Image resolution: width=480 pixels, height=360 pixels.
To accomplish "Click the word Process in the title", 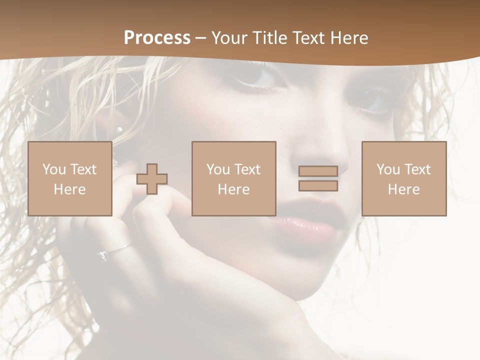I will pos(157,38).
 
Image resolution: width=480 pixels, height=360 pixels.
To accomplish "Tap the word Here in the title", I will pos(348,38).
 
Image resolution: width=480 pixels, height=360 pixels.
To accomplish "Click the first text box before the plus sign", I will pos(69,178).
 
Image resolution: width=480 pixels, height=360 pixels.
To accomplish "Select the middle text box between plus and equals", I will pos(233,178).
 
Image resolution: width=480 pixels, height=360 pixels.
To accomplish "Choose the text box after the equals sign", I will pos(403,178).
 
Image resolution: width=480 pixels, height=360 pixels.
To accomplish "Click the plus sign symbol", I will pos(152,179).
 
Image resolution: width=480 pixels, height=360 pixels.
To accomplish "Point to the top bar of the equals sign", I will pos(318,171).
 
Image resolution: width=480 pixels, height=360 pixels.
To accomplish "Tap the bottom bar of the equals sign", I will pos(318,185).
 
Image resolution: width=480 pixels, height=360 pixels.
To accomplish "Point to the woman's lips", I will pos(310,225).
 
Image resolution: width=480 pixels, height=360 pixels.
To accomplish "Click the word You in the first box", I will pos(53,169).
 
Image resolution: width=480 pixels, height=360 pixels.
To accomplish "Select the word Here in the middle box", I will pos(233,189).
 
